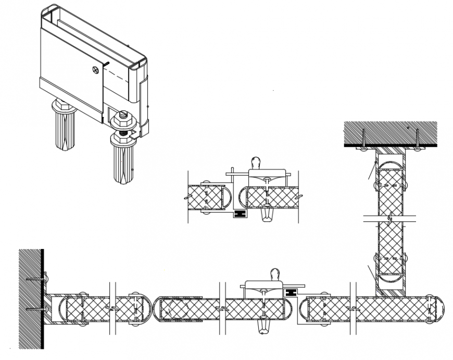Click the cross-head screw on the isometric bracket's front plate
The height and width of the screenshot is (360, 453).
pos(95,69)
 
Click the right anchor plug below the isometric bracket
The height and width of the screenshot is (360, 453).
pos(123,162)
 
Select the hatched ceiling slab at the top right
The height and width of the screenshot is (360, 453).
pos(390,132)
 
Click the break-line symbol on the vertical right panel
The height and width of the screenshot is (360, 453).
pos(389,216)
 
